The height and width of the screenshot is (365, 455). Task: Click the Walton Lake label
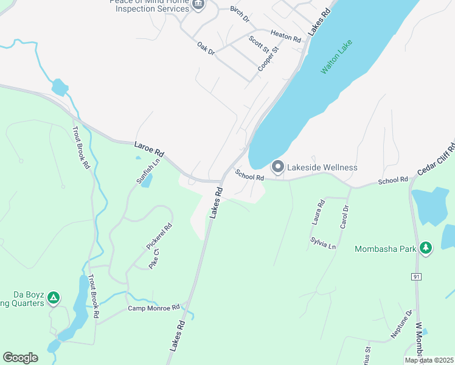pyautogui.click(x=337, y=58)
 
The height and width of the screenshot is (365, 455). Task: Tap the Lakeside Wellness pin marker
pyautogui.click(x=277, y=166)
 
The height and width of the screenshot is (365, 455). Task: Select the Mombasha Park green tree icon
pyautogui.click(x=426, y=248)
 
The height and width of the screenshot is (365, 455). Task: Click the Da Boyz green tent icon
pyautogui.click(x=54, y=297)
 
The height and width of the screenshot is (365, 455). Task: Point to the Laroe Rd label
pyautogui.click(x=149, y=148)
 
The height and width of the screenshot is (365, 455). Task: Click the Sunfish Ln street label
pyautogui.click(x=147, y=172)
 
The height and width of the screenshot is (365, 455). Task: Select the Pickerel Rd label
pyautogui.click(x=159, y=237)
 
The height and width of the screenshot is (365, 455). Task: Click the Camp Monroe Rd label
pyautogui.click(x=154, y=308)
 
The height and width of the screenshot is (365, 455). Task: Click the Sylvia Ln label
pyautogui.click(x=322, y=245)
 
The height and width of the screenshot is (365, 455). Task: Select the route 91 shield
pyautogui.click(x=416, y=277)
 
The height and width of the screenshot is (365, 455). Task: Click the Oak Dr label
pyautogui.click(x=206, y=49)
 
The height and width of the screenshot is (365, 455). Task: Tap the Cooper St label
pyautogui.click(x=268, y=58)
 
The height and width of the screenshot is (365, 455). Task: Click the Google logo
pyautogui.click(x=20, y=357)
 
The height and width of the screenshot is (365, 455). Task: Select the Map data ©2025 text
pyautogui.click(x=429, y=360)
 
